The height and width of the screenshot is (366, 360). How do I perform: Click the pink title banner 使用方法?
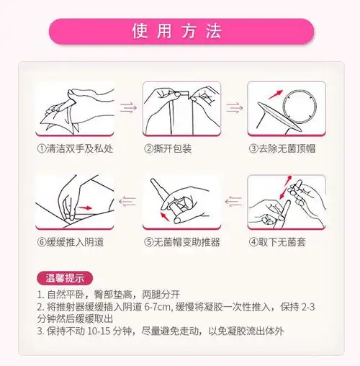coord(180,31)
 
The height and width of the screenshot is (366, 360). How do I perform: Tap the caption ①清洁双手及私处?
coord(76,149)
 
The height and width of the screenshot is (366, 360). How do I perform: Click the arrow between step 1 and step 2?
coord(127,108)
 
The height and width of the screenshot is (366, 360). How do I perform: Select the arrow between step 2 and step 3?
coord(232,108)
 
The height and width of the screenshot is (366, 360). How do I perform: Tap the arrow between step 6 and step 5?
coord(127,201)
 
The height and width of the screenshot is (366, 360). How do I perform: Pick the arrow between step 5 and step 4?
coord(232,201)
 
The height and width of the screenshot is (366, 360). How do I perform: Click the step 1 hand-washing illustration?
coord(76,109)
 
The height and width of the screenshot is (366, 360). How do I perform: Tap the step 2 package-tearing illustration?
coord(179,109)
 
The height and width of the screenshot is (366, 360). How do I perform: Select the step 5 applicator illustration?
coord(180,201)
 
